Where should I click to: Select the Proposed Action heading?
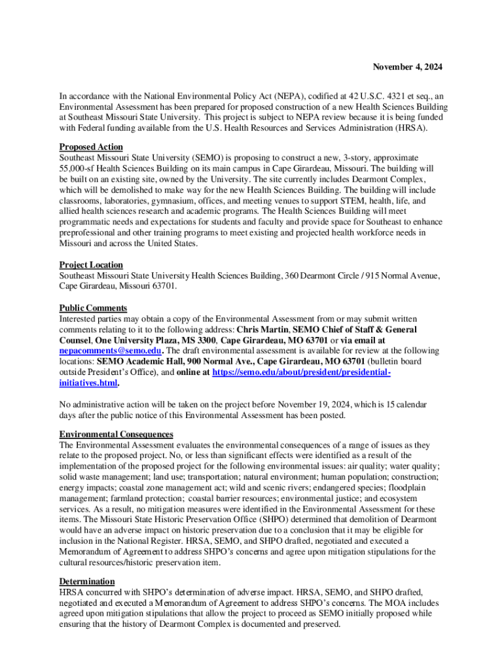91,147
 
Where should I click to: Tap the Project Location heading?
91,265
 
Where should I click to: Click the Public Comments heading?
93,308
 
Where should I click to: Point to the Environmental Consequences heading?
116,434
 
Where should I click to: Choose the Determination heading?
87,582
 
